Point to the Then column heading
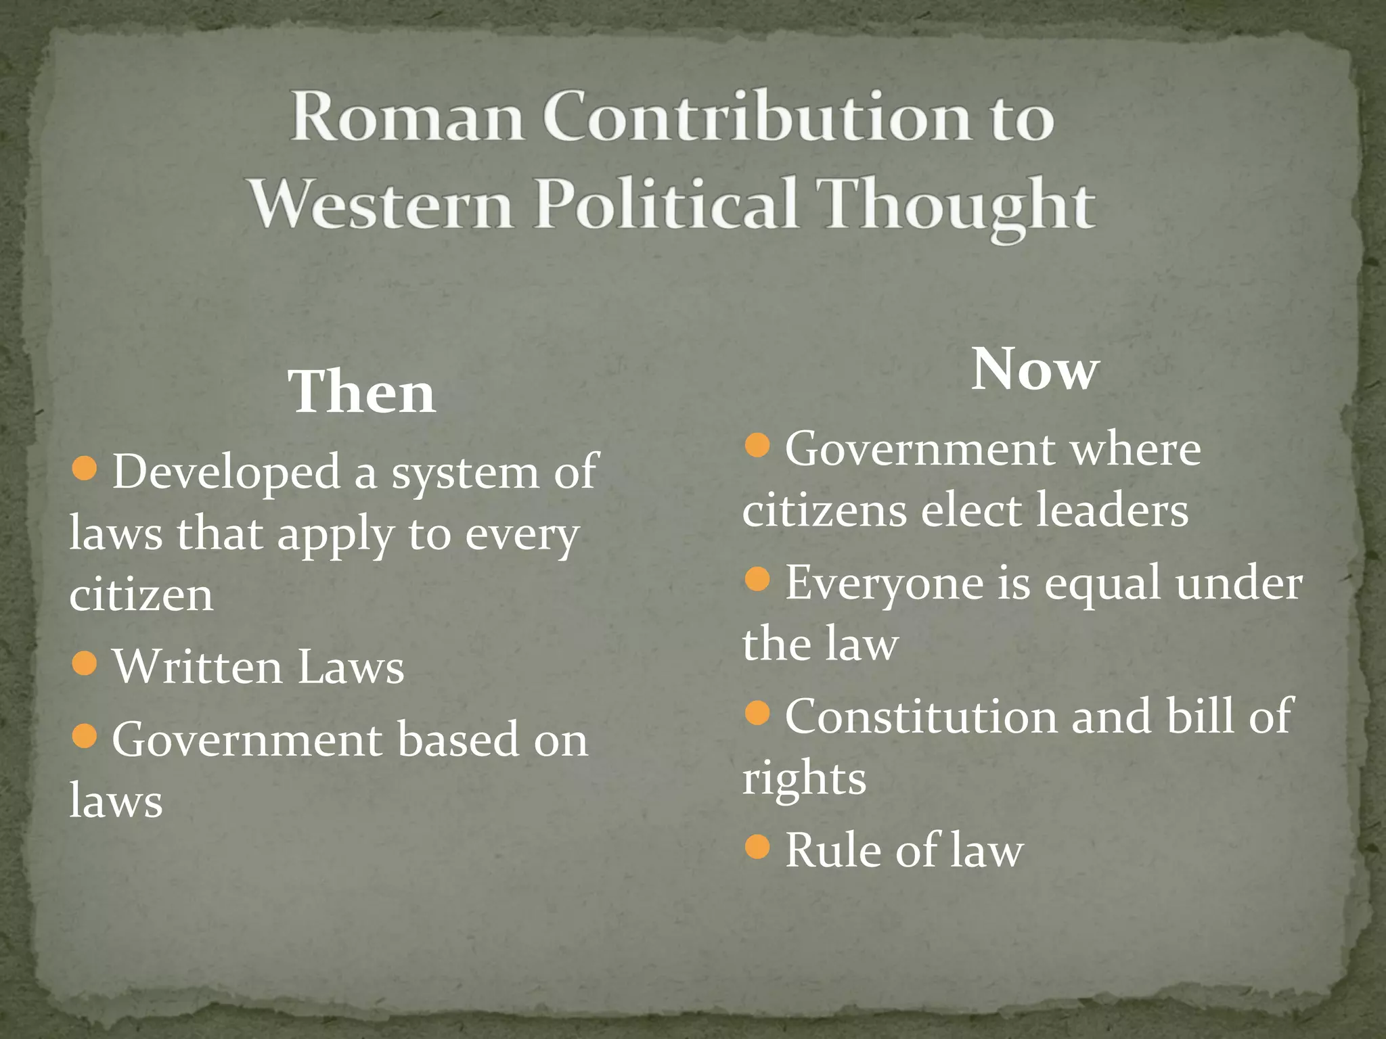(x=362, y=393)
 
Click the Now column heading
(x=1035, y=370)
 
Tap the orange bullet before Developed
(x=85, y=469)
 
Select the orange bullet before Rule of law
(x=757, y=846)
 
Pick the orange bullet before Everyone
(x=757, y=579)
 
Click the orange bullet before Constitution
(x=757, y=712)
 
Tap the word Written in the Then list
(x=197, y=667)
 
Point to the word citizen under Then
(x=141, y=595)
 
